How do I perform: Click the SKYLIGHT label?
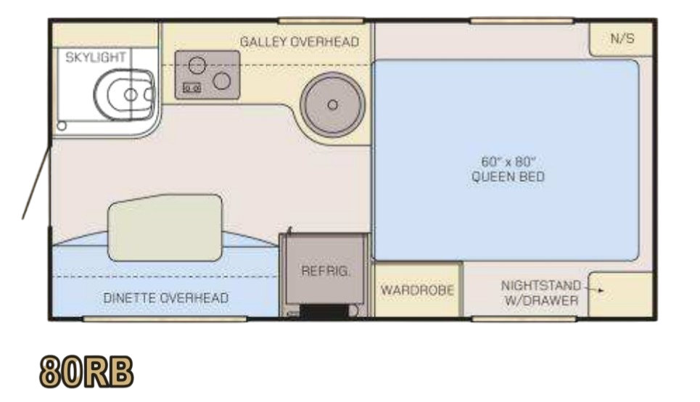[x=96, y=57]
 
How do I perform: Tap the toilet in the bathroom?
[x=124, y=94]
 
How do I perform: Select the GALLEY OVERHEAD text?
[x=300, y=42]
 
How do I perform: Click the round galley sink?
[x=332, y=105]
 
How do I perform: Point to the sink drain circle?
[x=332, y=105]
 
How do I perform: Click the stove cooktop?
[x=207, y=75]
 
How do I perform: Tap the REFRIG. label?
[x=326, y=271]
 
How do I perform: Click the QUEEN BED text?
[x=508, y=177]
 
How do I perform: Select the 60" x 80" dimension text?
[x=508, y=162]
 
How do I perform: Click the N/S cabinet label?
[x=622, y=39]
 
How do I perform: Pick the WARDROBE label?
[x=417, y=290]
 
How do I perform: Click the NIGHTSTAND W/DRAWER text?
[x=541, y=293]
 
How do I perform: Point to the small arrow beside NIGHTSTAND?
[x=595, y=290]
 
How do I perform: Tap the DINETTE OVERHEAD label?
[x=166, y=298]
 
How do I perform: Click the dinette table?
[x=165, y=228]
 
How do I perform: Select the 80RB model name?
[x=86, y=372]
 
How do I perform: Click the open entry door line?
[x=36, y=182]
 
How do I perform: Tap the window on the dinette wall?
[x=165, y=319]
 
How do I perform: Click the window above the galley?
[x=321, y=20]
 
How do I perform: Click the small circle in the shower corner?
[x=62, y=126]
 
